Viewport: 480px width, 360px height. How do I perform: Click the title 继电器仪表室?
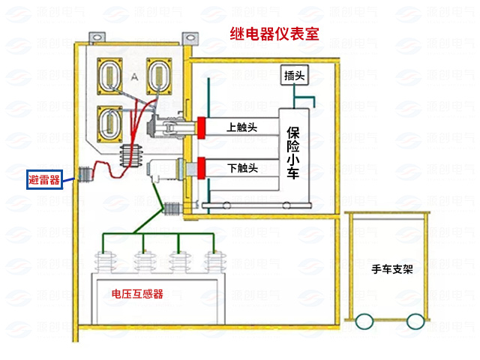277,33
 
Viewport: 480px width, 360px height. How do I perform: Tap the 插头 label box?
293,76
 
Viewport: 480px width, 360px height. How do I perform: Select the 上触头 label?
242,127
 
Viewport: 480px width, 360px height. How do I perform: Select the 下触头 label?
242,167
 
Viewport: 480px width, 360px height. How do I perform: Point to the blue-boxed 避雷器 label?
44,178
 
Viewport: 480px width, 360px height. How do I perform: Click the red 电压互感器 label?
137,293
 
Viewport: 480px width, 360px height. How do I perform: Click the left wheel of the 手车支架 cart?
364,322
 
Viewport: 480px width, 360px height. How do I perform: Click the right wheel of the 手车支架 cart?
413,322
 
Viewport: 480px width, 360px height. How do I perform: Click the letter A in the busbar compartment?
134,77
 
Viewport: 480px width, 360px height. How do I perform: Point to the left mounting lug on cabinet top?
97,36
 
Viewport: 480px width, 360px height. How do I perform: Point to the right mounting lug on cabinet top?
189,36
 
